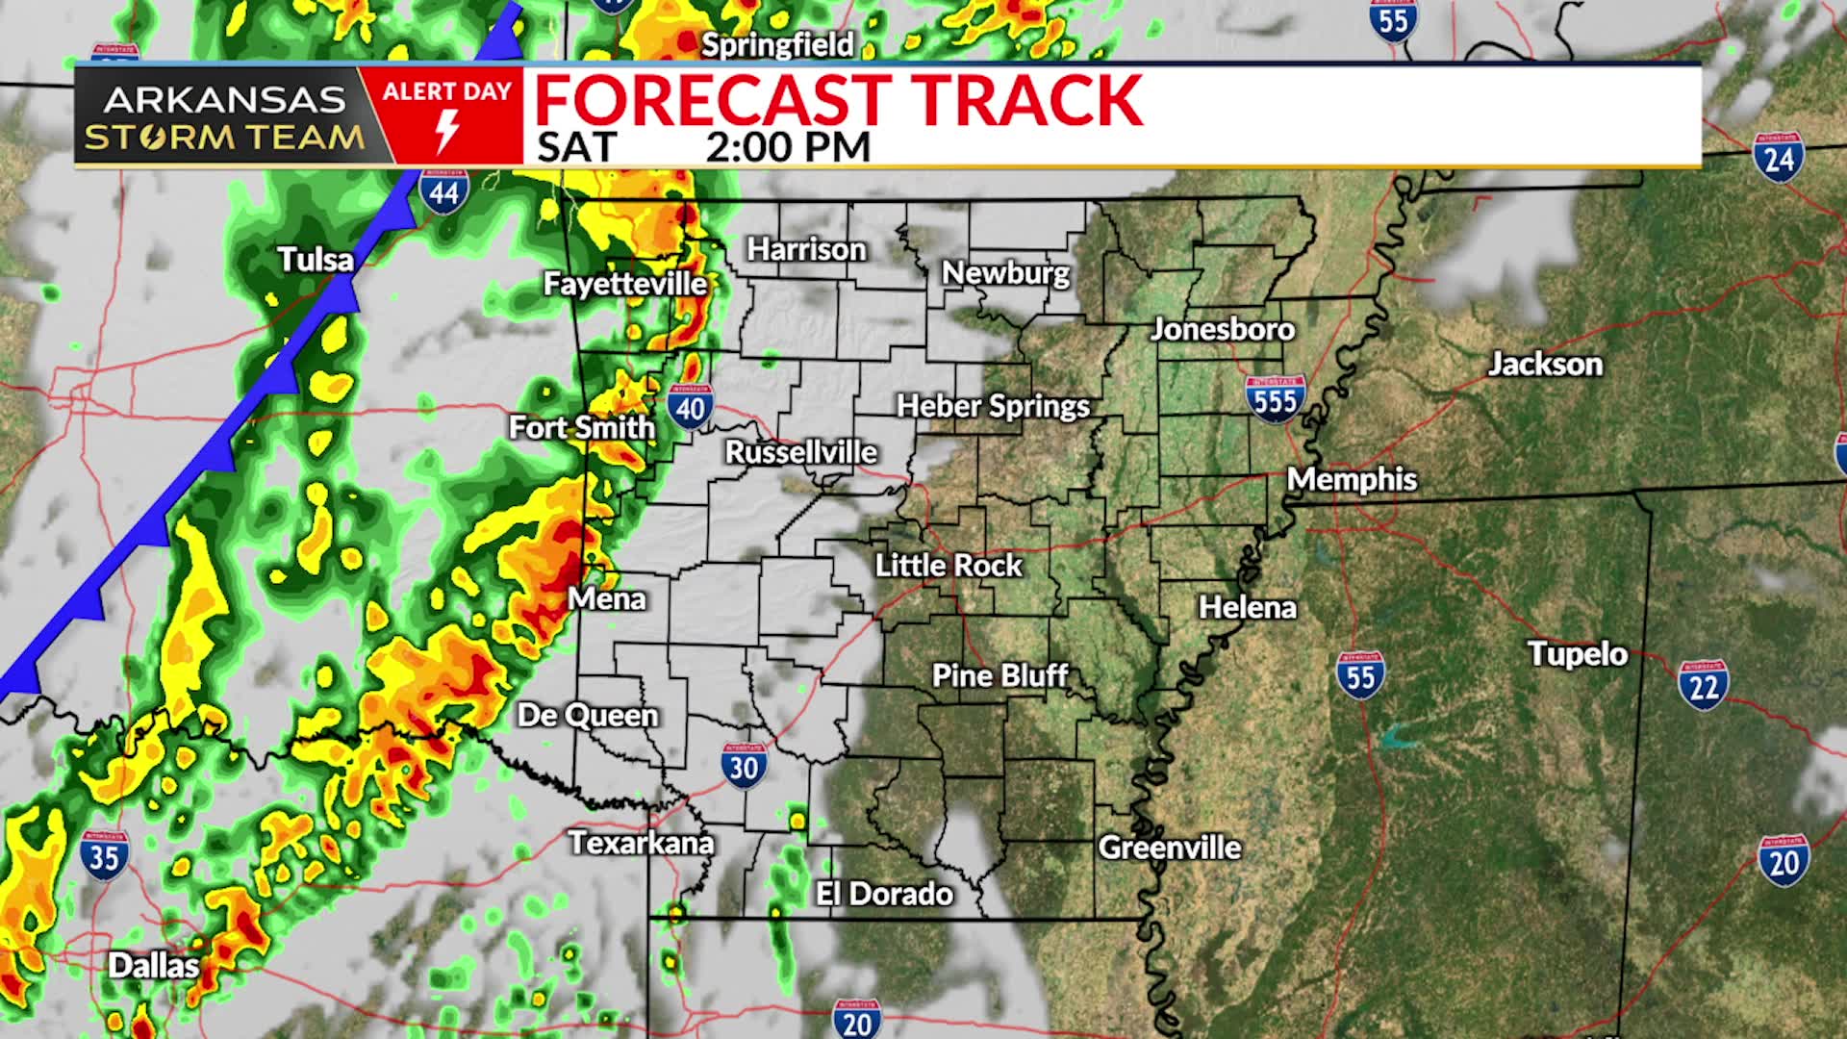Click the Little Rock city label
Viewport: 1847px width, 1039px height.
click(x=948, y=565)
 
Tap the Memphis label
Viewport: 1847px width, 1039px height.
click(x=1352, y=479)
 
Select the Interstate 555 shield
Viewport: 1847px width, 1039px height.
click(x=1276, y=398)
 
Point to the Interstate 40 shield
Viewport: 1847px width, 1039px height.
click(x=691, y=407)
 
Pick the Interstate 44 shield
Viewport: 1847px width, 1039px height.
click(x=443, y=190)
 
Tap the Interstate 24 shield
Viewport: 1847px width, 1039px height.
click(x=1779, y=158)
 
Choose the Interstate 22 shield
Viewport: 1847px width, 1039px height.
click(x=1703, y=685)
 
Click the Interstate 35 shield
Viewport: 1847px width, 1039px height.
click(x=103, y=854)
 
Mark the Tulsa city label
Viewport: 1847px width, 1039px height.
click(x=316, y=260)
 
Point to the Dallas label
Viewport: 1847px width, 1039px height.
click(x=153, y=965)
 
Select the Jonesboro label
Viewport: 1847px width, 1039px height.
click(x=1223, y=329)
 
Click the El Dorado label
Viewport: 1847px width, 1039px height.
click(x=884, y=894)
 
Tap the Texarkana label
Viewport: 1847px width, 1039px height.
click(x=641, y=843)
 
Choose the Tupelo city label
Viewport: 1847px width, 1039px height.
click(x=1578, y=654)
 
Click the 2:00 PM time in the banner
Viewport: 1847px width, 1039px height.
click(x=788, y=147)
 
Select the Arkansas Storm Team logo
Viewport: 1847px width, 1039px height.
click(x=224, y=117)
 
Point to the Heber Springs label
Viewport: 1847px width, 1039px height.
click(x=993, y=406)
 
